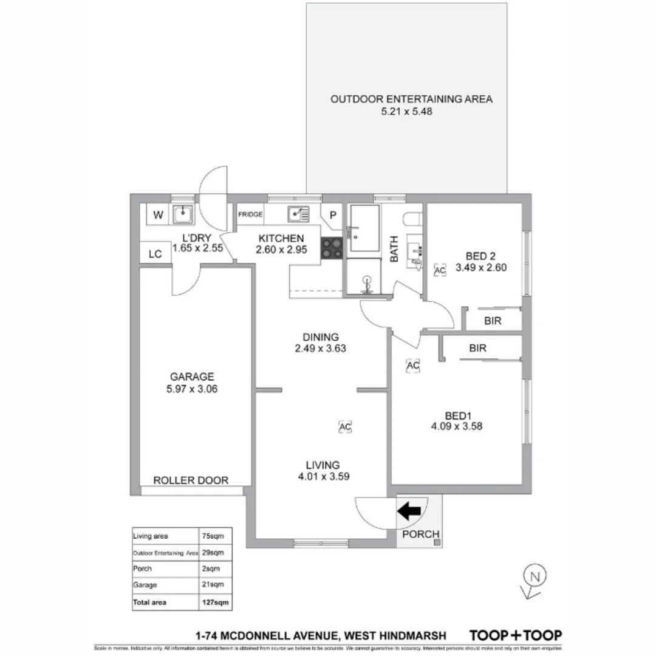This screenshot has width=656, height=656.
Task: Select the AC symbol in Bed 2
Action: tap(440, 271)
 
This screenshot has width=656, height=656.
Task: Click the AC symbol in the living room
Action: tap(345, 427)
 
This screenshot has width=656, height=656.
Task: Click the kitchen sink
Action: tap(298, 214)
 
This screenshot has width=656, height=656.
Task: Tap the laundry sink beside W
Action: tap(182, 214)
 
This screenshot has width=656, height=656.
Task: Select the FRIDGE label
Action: tap(250, 214)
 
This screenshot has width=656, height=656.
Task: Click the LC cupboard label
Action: tap(155, 254)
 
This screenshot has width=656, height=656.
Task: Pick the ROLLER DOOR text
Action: tap(191, 480)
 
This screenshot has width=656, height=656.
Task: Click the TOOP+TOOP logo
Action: tap(516, 635)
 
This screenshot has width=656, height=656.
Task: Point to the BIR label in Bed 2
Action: tap(493, 321)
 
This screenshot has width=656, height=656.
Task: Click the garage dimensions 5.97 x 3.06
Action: tap(192, 389)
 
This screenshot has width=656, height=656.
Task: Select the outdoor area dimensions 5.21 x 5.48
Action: tap(411, 112)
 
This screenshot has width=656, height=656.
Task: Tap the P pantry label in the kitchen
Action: tap(333, 214)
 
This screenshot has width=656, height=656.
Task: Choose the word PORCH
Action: tap(420, 535)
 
